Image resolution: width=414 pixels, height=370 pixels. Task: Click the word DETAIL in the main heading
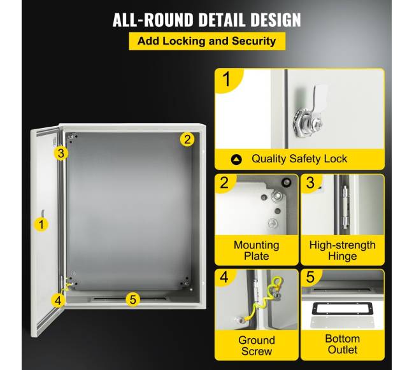[x=222, y=20]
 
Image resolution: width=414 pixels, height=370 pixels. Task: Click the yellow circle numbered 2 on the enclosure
[x=187, y=139]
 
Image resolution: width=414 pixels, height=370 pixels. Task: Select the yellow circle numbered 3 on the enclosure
[x=61, y=153]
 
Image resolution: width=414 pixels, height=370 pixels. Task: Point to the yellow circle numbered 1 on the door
[x=41, y=225]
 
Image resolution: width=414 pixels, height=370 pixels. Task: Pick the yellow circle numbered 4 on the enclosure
[x=58, y=301]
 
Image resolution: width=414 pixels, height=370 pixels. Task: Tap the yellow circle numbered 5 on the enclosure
[x=133, y=299]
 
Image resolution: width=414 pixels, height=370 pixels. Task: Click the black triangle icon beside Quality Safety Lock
[x=236, y=160]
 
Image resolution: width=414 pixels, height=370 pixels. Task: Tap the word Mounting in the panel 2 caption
[x=257, y=245]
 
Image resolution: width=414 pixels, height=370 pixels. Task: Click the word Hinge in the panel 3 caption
[x=343, y=256]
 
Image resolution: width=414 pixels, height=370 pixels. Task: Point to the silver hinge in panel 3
[x=345, y=206]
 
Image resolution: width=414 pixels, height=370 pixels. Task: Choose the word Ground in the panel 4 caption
[x=257, y=341]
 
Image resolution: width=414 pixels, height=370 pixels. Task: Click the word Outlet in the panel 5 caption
[x=343, y=350]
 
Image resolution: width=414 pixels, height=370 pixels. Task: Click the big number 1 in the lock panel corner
[x=227, y=79]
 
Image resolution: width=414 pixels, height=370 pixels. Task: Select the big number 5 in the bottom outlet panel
[x=310, y=277]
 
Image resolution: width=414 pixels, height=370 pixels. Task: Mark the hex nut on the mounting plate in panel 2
[x=277, y=196]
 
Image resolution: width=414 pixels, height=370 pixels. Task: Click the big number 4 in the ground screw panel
[x=224, y=277]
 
